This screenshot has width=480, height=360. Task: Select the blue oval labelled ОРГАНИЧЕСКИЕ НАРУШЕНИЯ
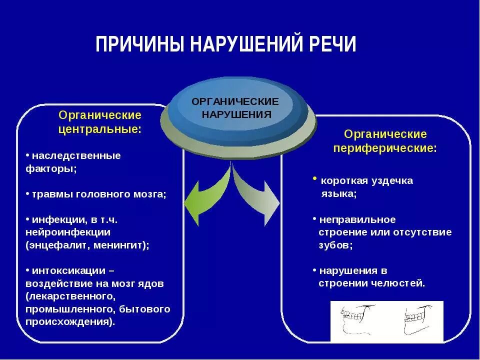(x=235, y=108)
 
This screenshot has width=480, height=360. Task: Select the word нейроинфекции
(x=68, y=232)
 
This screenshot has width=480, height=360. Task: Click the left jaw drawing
(x=357, y=320)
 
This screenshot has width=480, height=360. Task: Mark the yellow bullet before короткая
(x=315, y=178)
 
